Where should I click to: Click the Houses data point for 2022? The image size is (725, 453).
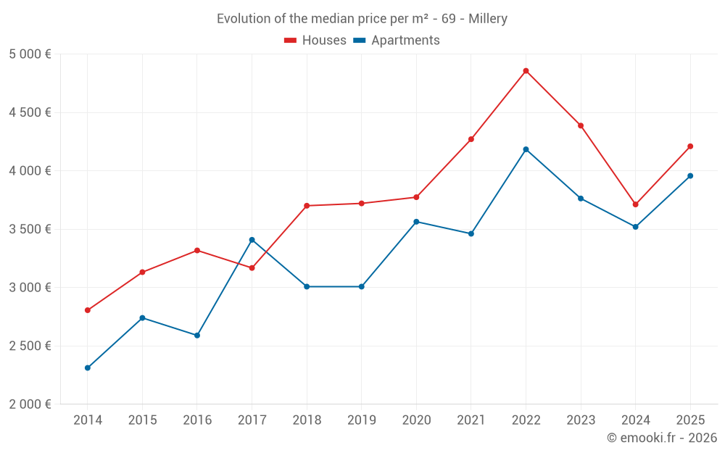coord(526,71)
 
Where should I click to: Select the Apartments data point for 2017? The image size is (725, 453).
coord(252,240)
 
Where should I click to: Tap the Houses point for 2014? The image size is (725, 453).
coord(88,310)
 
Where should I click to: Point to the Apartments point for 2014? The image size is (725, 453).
coord(88,368)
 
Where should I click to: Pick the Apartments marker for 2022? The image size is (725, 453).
coord(526,149)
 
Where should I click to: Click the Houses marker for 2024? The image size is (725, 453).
coord(635,204)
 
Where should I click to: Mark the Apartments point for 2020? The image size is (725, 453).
coord(416,222)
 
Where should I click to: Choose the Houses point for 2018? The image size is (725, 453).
coord(307,206)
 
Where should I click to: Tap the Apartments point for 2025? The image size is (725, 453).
coord(690,176)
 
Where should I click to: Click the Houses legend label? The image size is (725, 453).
coord(324,41)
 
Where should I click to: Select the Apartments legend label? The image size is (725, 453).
coord(405,41)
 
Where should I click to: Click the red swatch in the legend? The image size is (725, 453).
coord(290,41)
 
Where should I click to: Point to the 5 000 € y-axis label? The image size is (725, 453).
coord(30,54)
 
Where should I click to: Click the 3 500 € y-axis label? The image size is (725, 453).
coord(30,229)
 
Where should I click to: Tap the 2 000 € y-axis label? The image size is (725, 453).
coord(30,404)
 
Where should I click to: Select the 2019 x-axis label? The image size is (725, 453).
coord(361,420)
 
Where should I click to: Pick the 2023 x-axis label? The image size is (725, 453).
coord(580,420)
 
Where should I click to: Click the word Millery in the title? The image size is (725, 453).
coord(487,19)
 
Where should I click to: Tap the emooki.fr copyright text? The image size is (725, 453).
coord(662,438)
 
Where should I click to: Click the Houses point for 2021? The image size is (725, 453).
coord(471,139)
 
